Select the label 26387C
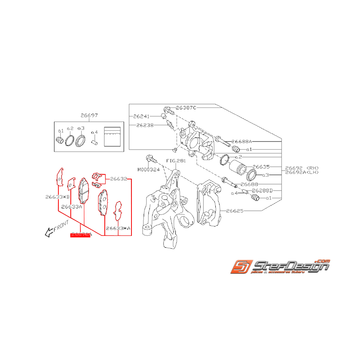(186, 107)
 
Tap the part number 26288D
(262, 191)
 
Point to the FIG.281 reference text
(176, 160)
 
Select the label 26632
(119, 179)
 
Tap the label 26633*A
(118, 228)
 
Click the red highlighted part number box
(80, 235)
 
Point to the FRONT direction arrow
(49, 232)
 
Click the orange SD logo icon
(240, 268)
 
